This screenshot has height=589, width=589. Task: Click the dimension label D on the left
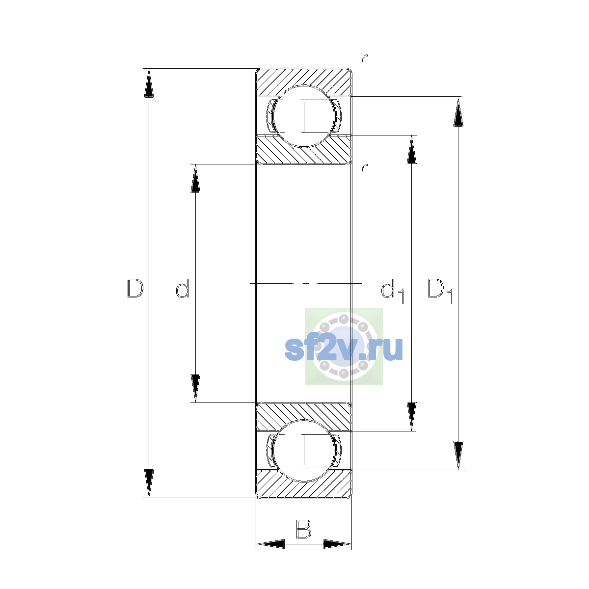click(135, 288)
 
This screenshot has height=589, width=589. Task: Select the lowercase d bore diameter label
click(183, 288)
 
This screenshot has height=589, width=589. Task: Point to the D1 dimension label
click(440, 291)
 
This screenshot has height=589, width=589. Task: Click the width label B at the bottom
click(303, 529)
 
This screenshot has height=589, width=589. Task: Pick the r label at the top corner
click(364, 61)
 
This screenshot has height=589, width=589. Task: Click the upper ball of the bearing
click(303, 116)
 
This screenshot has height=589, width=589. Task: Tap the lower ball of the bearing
click(303, 451)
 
